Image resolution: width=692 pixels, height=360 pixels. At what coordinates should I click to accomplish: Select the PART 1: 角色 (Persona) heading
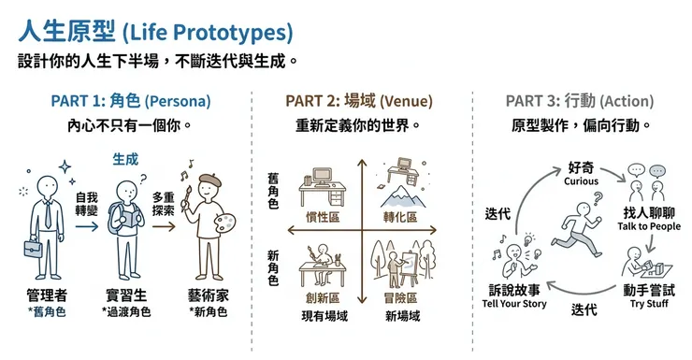pos(130,101)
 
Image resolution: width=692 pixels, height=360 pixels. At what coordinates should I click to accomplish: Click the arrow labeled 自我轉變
pos(87,224)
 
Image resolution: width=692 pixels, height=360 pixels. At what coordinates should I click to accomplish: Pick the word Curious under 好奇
pos(581,181)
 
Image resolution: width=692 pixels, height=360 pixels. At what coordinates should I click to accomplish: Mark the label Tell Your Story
pos(514,304)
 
